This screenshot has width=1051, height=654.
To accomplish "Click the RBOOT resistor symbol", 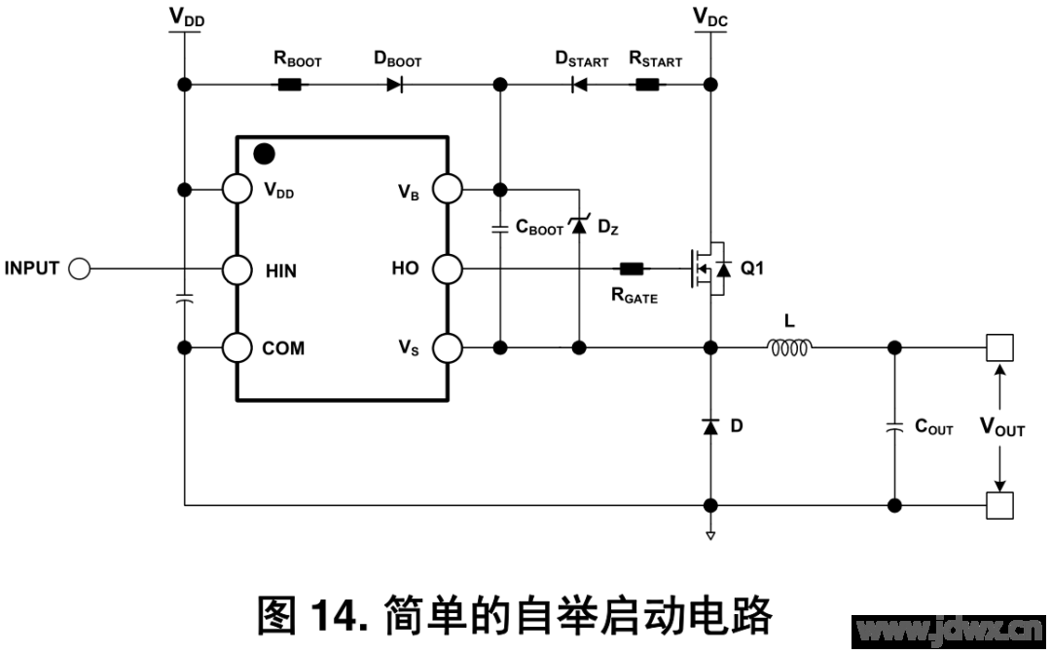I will pos(290,85).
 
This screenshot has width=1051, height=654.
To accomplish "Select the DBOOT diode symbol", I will pos(394,85).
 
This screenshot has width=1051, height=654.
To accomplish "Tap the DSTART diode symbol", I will pos(578,85).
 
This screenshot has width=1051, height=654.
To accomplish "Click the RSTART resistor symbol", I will pos(647,85).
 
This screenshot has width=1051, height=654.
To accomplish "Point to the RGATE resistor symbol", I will pos(632,269).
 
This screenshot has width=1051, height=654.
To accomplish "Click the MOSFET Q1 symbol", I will pos(708,269).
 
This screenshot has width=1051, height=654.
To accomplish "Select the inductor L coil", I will pos(789,346).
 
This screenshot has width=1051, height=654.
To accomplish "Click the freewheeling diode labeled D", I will pos(711,426).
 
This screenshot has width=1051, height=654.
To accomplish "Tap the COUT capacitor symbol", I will pos(894,426).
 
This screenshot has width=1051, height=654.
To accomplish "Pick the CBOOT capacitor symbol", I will pos(499,230).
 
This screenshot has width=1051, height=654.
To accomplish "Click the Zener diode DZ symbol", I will pos(579,226).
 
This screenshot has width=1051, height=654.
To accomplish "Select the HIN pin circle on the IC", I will pos(236,269).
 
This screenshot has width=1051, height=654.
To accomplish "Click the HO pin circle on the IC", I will pos(447,269).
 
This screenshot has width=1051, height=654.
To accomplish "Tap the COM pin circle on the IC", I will pos(236,347).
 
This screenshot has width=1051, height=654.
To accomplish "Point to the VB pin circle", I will pos(447,189).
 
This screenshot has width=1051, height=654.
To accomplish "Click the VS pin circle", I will pos(447,347).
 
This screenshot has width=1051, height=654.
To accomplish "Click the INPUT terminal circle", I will pos(79,269).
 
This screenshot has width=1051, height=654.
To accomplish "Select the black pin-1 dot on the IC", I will pos(263,154).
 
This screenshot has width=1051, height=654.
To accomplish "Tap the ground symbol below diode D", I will pos(711,534).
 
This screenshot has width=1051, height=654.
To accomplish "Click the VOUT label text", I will pos(1001,427).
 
